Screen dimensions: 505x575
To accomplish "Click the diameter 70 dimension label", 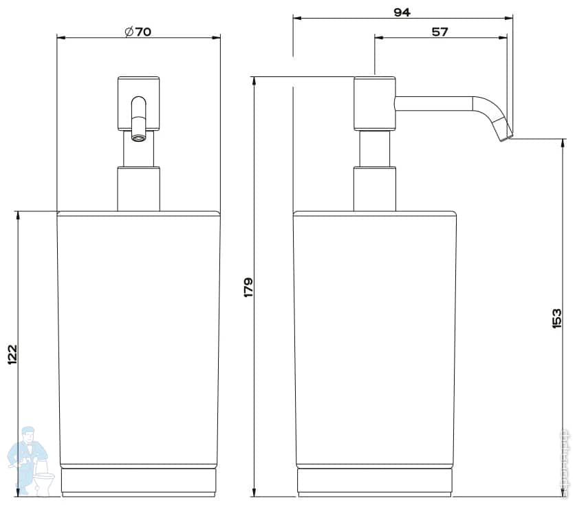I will tap(138, 32).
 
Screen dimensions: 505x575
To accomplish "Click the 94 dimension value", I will tap(402, 12).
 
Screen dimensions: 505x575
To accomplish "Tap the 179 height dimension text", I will tap(248, 286).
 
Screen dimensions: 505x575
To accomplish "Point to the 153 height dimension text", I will tap(556, 318).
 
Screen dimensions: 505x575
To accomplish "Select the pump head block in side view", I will tap(375, 103).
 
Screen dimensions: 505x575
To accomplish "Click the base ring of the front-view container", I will tap(138, 482).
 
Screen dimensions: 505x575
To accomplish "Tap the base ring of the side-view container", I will tap(375, 482).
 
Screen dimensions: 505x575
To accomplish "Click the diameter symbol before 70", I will tap(127, 32).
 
